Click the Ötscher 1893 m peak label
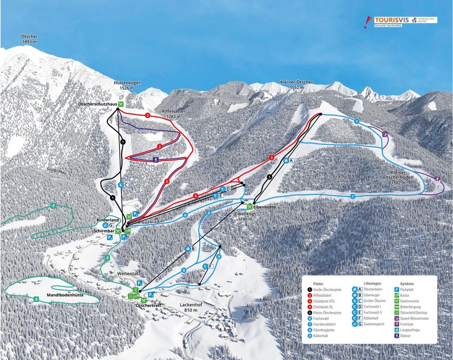[x=29, y=39]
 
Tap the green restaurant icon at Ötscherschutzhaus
[x=121, y=104]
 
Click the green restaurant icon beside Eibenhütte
[x=249, y=207]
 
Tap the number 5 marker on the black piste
[x=269, y=177]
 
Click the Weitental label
[x=127, y=275]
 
